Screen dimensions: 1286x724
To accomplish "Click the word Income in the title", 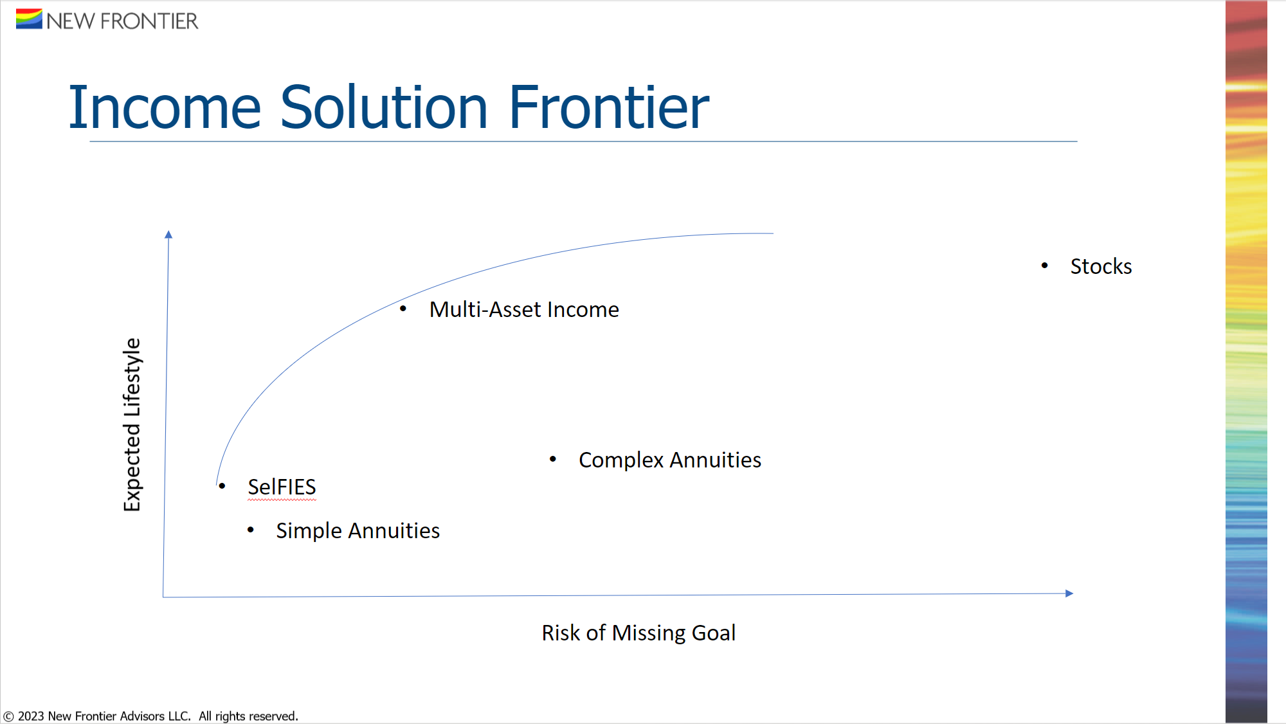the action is [165, 107].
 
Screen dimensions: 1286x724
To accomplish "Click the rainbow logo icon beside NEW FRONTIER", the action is [29, 19].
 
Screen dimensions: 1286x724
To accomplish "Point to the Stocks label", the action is [1101, 266].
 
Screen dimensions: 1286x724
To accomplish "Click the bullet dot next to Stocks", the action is [1045, 266].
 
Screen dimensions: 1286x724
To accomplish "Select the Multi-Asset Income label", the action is [524, 309].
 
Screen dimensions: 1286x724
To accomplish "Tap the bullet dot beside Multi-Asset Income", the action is [403, 309].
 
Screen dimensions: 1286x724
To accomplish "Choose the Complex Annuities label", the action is [670, 460].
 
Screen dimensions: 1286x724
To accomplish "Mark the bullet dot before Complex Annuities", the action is [553, 458].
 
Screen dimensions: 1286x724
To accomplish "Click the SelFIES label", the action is [282, 487].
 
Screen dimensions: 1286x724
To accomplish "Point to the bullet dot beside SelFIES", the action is [222, 485].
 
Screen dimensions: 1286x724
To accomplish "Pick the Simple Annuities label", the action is [358, 530].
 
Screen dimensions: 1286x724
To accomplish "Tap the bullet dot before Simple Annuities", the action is [251, 530].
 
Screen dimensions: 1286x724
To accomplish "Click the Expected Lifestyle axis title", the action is [132, 424].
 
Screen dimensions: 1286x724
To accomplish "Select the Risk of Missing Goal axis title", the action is [638, 633].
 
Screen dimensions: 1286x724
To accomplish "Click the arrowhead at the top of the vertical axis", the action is [168, 234].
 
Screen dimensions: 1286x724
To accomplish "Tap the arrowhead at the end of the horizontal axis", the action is [1069, 593].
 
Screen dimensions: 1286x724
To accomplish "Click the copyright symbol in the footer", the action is [8, 716].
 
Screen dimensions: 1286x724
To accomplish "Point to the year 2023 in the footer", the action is [31, 716].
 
